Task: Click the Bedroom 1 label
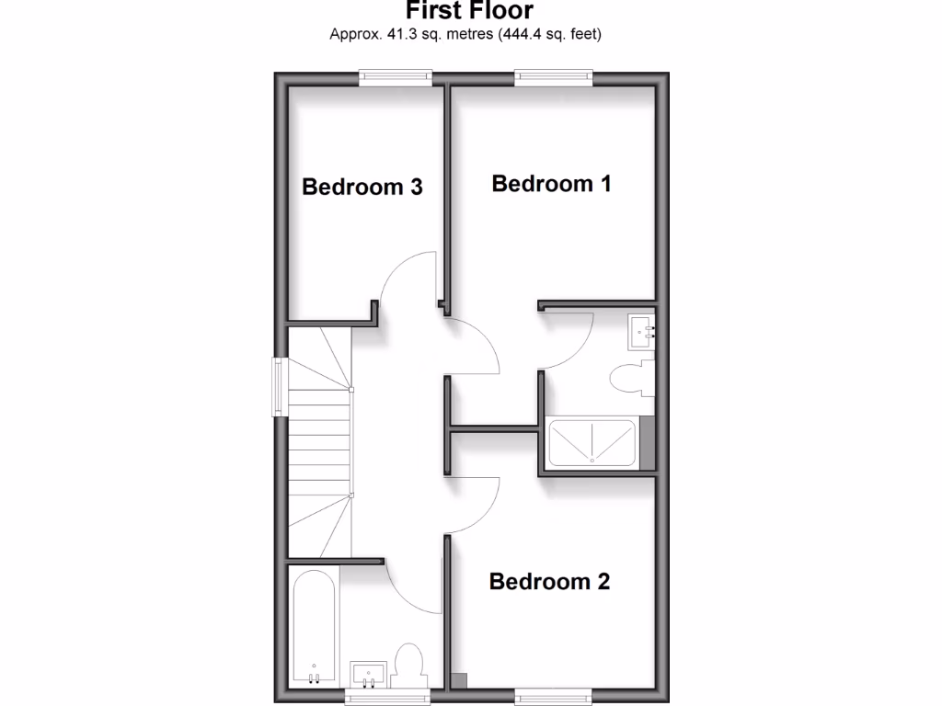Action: (x=551, y=183)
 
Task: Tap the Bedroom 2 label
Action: (x=549, y=582)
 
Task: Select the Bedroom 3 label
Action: (x=362, y=187)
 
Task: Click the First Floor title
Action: (x=469, y=11)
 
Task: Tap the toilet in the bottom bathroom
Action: (x=408, y=664)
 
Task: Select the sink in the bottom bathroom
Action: (x=371, y=672)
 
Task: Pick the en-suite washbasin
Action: (x=641, y=332)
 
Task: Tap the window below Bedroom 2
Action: (x=552, y=695)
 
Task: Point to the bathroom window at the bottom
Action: (x=386, y=697)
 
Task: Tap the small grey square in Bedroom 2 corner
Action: (x=459, y=680)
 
